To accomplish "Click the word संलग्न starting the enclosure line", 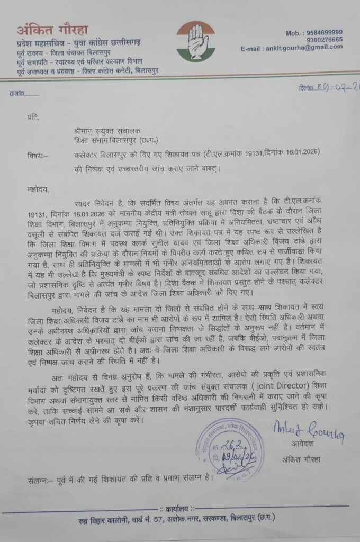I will click(40, 482).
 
